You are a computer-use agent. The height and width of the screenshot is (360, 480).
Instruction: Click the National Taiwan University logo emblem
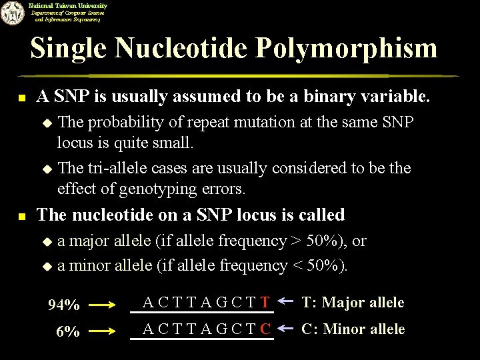coord(11,13)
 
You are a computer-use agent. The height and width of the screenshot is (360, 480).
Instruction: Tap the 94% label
coord(65,305)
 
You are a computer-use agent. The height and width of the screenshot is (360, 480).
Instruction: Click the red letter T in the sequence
coord(265,303)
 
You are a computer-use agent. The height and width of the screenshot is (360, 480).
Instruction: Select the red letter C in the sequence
coord(265,329)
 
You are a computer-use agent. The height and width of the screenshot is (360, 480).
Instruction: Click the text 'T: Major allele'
coord(353,303)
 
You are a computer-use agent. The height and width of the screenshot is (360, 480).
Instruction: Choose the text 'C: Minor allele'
coord(353,329)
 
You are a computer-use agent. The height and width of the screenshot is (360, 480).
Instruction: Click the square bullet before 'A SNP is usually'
coord(21,98)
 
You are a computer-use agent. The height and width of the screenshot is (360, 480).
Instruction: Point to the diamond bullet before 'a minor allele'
coord(47,266)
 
